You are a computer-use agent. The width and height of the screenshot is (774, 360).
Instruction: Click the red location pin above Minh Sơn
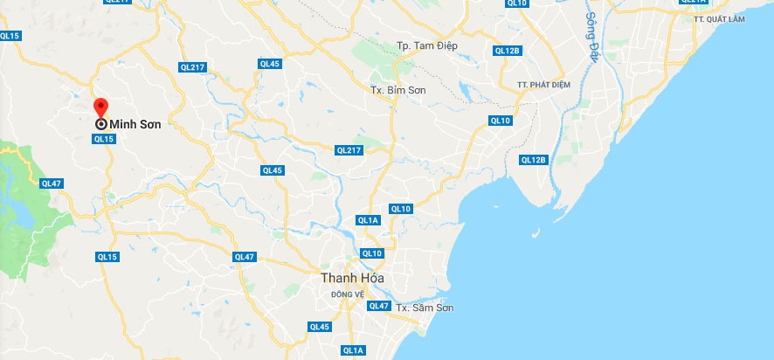coord(100,107)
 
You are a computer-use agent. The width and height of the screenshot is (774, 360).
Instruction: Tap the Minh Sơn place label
coord(135,124)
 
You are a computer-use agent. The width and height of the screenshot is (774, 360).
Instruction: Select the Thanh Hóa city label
coord(352,278)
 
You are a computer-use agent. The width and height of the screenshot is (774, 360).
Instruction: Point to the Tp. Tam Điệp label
coord(427,45)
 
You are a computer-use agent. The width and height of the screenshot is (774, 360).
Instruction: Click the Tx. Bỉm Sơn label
coord(397,90)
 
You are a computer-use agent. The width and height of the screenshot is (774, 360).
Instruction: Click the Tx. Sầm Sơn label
coord(424,308)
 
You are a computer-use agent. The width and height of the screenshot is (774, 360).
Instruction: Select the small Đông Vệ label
coord(347,294)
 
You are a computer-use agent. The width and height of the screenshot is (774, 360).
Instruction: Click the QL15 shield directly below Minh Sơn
coord(104,139)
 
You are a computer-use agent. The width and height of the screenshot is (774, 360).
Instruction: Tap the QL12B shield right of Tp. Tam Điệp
coord(507,51)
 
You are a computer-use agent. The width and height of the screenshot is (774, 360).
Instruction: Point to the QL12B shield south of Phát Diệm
coord(533,160)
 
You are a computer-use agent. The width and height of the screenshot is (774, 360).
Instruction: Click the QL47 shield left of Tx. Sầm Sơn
coord(378,306)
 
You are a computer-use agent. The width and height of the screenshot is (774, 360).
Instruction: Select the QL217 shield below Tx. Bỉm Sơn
coord(349,150)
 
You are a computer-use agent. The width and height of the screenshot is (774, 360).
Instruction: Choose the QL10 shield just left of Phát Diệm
coord(501,121)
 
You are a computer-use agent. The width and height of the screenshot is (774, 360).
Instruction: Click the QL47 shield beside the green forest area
coord(51,183)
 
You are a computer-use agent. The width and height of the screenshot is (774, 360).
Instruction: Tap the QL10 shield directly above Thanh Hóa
coord(372,253)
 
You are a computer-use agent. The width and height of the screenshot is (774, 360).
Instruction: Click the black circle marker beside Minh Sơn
coord(101,124)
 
